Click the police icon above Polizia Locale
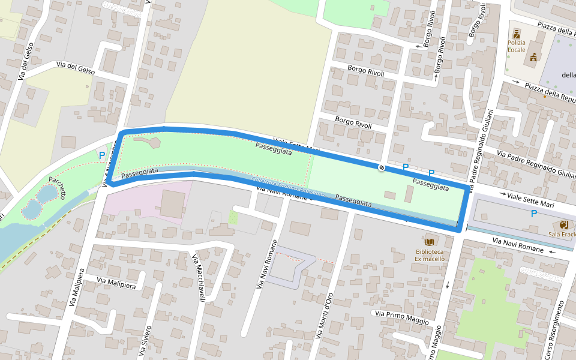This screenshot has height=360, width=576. pyautogui.click(x=517, y=33)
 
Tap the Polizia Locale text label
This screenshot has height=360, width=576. pyautogui.click(x=517, y=46)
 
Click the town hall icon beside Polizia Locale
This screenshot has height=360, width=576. pyautogui.click(x=532, y=57)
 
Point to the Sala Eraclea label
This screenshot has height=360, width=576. pyautogui.click(x=562, y=234)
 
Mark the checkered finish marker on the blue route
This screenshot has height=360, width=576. pyautogui.click(x=381, y=167)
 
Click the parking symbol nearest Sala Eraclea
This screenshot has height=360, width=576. pyautogui.click(x=533, y=213)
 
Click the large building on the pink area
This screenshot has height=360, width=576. pyautogui.click(x=172, y=204)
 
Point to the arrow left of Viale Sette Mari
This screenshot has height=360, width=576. pyautogui.click(x=502, y=194)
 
